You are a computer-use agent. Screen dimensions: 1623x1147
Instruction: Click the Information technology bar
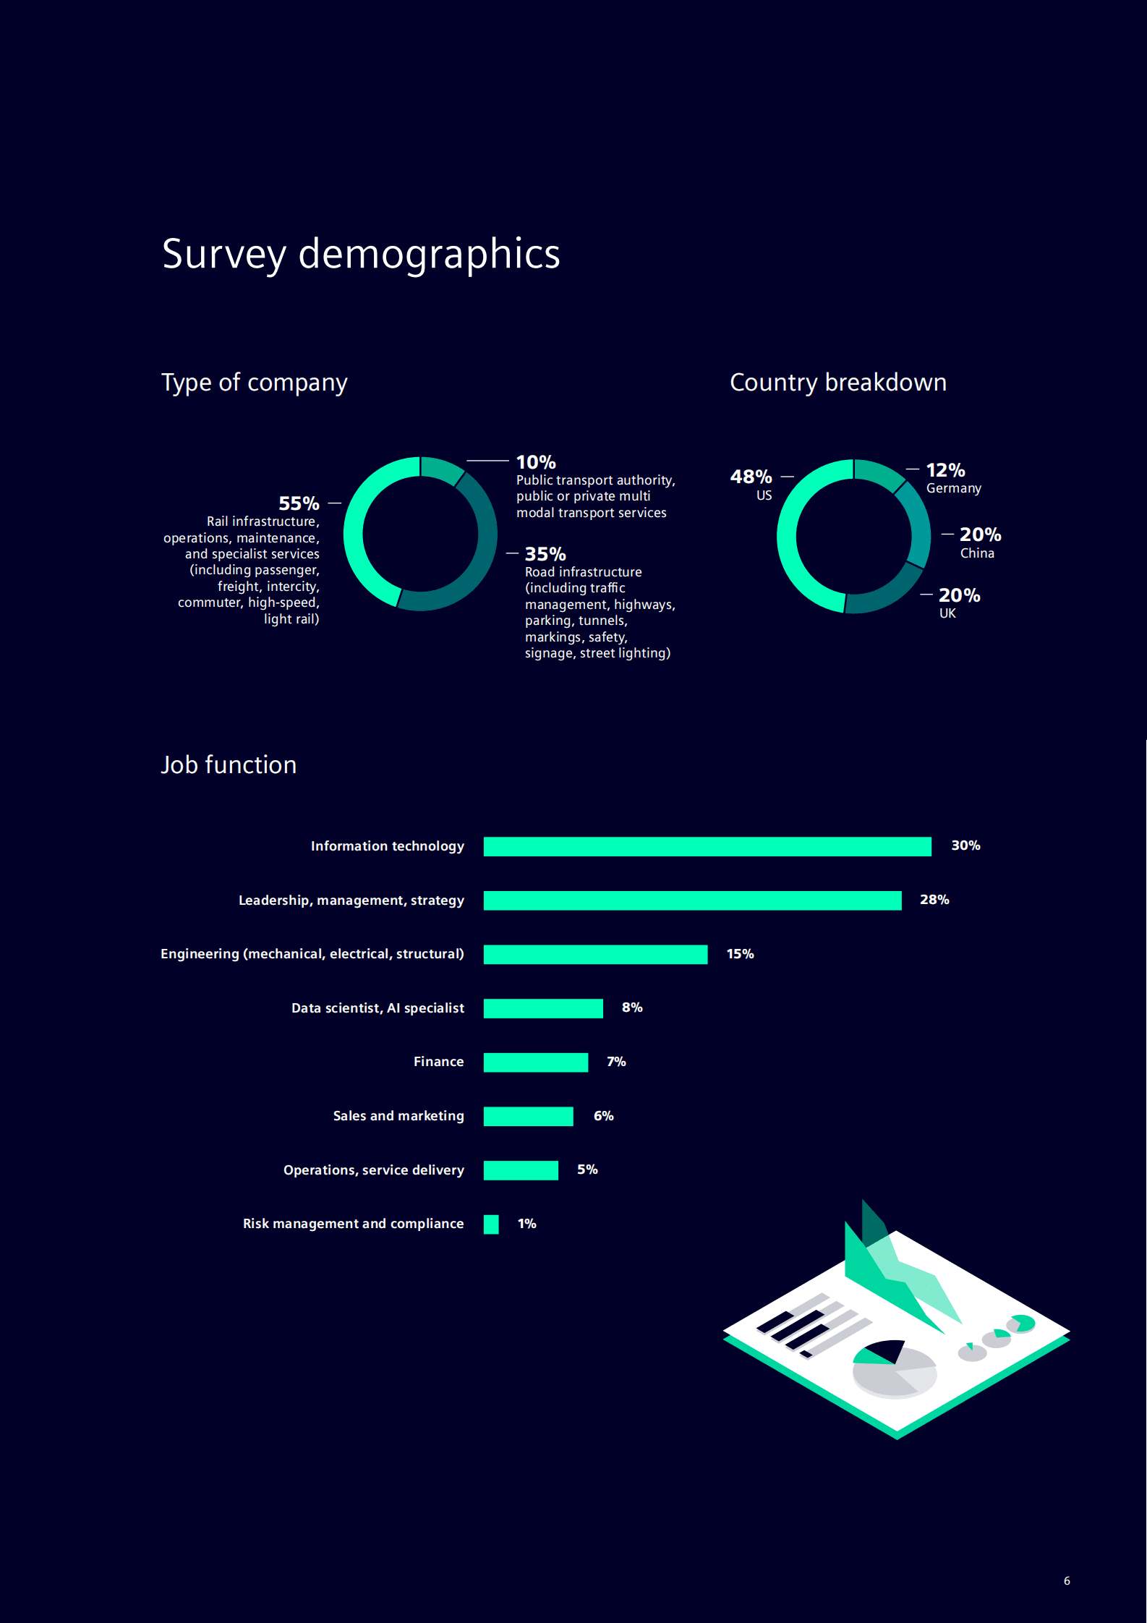pyautogui.click(x=707, y=846)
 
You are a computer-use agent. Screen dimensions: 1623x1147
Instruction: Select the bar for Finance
pyautogui.click(x=535, y=1062)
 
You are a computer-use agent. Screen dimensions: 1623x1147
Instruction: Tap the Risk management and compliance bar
pyautogui.click(x=491, y=1224)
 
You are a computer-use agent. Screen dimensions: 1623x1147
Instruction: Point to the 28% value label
pyautogui.click(x=934, y=900)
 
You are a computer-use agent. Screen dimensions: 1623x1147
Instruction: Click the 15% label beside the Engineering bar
pyautogui.click(x=740, y=954)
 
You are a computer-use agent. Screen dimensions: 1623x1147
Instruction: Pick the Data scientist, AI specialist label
pyautogui.click(x=378, y=1008)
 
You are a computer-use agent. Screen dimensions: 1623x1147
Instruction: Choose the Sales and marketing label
pyautogui.click(x=398, y=1116)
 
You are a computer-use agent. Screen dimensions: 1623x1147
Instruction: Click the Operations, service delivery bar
pyautogui.click(x=521, y=1170)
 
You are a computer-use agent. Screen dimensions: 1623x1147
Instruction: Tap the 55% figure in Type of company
pyautogui.click(x=299, y=503)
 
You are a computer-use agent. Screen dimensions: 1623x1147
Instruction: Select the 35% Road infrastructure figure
pyautogui.click(x=545, y=554)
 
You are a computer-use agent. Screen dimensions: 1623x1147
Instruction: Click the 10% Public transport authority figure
pyautogui.click(x=536, y=462)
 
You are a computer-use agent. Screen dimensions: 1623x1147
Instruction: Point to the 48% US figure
pyautogui.click(x=751, y=477)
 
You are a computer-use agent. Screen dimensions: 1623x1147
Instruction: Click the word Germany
pyautogui.click(x=953, y=488)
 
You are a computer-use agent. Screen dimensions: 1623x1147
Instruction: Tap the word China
pyautogui.click(x=977, y=553)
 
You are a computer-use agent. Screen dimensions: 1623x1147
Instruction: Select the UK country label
pyautogui.click(x=947, y=613)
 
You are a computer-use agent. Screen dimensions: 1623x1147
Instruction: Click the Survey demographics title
pyautogui.click(x=361, y=254)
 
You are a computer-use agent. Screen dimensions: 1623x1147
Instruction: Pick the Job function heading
pyautogui.click(x=229, y=765)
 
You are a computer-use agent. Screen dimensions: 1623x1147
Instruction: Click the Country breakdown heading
pyautogui.click(x=837, y=383)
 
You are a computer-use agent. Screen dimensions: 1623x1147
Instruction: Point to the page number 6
pyautogui.click(x=1067, y=1581)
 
